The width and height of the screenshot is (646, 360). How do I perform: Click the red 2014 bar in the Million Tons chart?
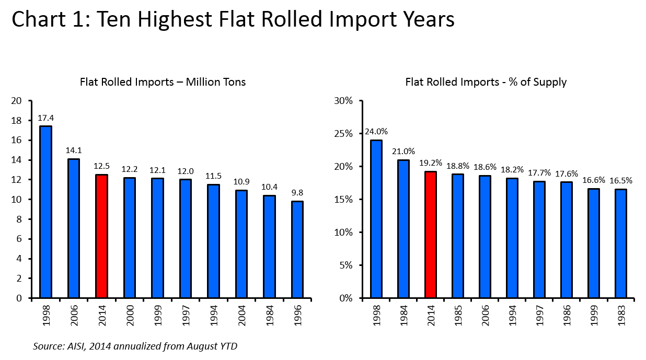(x=101, y=236)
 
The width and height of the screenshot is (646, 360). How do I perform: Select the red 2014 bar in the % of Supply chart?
(x=431, y=235)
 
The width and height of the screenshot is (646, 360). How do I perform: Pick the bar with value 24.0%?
(x=376, y=219)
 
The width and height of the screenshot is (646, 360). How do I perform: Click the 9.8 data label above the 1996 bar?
(x=297, y=192)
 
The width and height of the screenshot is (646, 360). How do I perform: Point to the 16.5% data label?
(x=621, y=180)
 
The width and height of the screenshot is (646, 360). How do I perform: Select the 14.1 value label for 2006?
(x=73, y=150)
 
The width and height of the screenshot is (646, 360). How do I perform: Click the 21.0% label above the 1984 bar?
(x=403, y=151)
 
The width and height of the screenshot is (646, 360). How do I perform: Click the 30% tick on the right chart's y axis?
(x=344, y=101)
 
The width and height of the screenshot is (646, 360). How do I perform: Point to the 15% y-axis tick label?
(x=344, y=200)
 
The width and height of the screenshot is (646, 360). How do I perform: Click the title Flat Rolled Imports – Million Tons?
(x=163, y=82)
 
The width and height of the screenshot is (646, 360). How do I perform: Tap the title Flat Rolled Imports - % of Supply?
(x=486, y=82)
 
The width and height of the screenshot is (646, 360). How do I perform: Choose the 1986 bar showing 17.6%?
(x=566, y=240)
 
